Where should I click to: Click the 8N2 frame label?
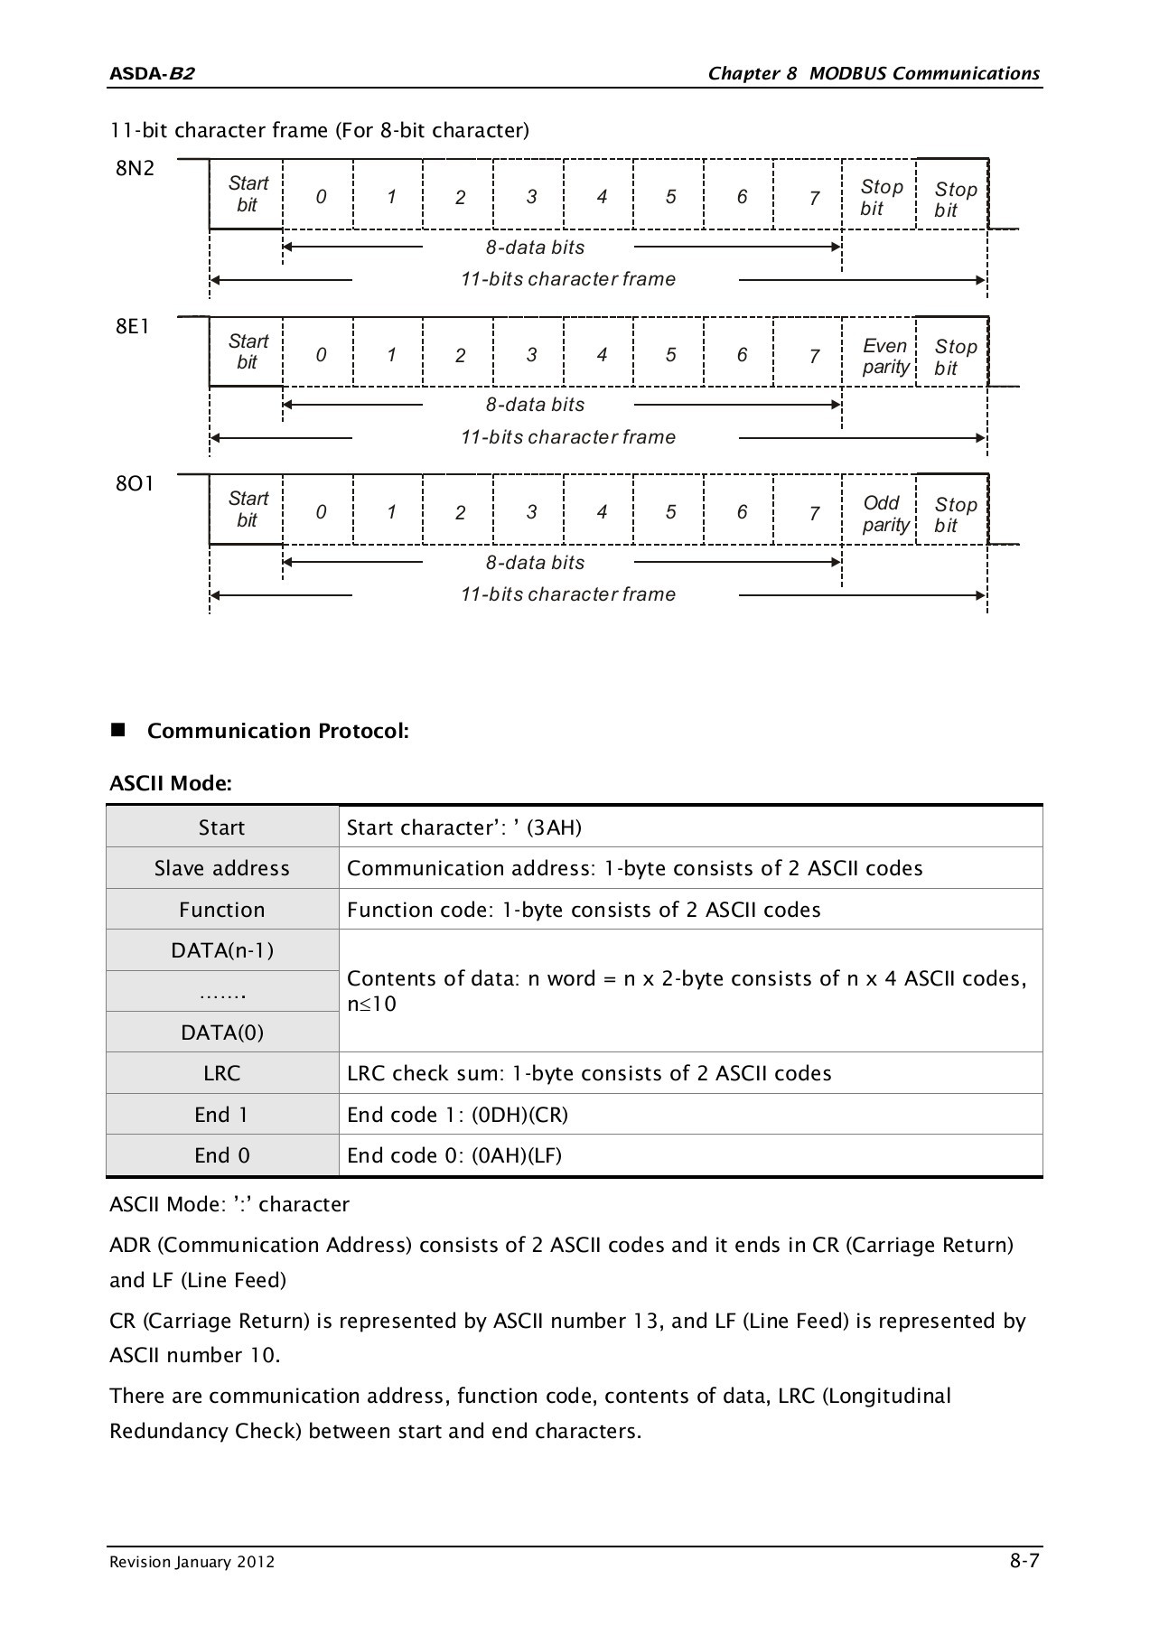[x=135, y=168]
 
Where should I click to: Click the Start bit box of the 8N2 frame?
[x=247, y=194]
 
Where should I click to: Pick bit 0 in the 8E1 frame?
[x=321, y=355]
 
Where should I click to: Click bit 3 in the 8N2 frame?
[x=531, y=197]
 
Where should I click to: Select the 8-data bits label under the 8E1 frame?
[x=535, y=405]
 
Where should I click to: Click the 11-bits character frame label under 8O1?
[x=567, y=594]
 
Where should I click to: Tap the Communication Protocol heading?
[x=277, y=731]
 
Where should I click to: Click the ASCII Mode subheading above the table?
[x=171, y=783]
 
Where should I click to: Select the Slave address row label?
[x=222, y=868]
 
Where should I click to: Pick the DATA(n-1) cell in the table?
[x=222, y=950]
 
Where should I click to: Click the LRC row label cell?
[x=222, y=1073]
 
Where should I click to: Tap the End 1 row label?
[x=222, y=1115]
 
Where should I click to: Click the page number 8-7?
[x=1024, y=1560]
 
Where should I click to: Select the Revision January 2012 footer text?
[x=192, y=1562]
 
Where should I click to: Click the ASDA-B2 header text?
[x=151, y=74]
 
